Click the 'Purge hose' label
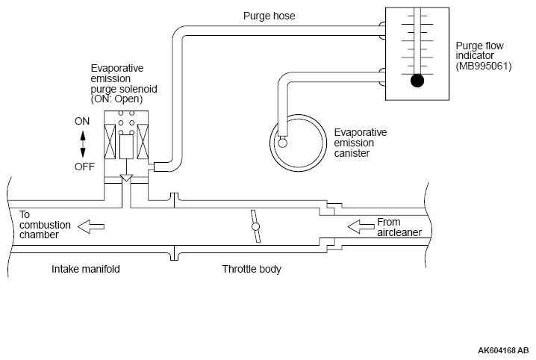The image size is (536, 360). (x=269, y=16)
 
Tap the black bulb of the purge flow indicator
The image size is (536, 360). (x=417, y=81)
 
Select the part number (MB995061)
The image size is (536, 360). (x=483, y=66)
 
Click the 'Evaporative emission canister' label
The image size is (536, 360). (x=361, y=143)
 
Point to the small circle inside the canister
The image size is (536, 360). (x=282, y=143)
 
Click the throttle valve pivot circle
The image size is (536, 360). (x=255, y=226)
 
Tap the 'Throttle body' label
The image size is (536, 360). (x=252, y=269)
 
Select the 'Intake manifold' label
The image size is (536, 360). (x=85, y=269)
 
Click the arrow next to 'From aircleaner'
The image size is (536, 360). (x=361, y=226)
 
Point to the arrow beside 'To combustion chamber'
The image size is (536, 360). (x=91, y=226)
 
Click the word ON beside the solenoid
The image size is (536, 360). (x=82, y=121)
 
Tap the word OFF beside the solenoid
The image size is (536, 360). (x=84, y=167)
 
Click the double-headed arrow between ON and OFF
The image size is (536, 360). (x=83, y=144)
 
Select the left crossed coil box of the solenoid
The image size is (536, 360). (x=110, y=142)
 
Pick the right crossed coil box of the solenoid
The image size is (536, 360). (x=143, y=142)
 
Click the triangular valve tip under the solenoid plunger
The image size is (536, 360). (x=126, y=178)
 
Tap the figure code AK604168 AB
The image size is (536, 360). (x=503, y=350)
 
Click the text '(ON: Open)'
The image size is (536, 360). (x=116, y=99)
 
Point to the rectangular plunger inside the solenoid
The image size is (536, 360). (x=126, y=146)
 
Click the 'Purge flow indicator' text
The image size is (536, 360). (x=479, y=51)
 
